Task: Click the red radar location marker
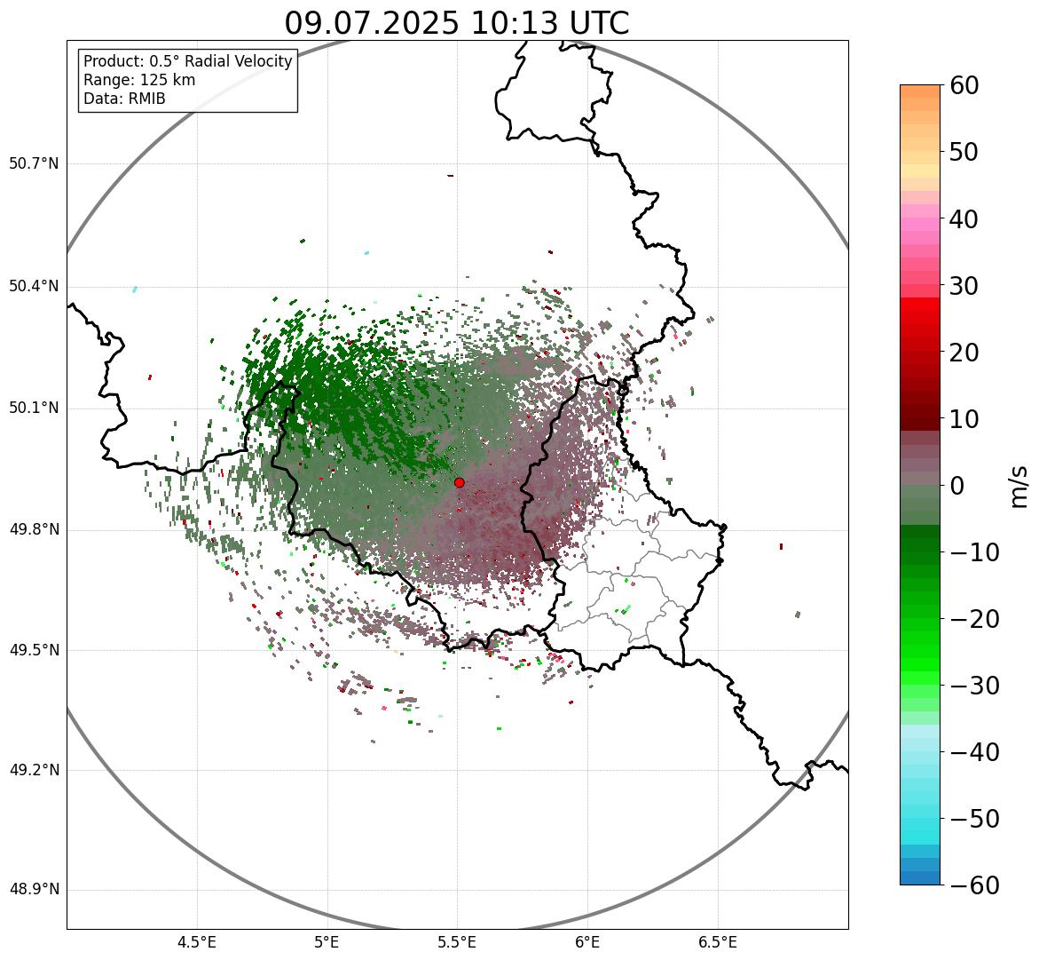459,482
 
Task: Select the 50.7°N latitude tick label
33,164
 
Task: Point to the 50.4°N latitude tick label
33,287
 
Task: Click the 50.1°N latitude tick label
33,409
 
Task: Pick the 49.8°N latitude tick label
33,530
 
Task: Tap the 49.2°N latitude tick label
33,770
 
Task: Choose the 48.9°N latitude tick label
33,890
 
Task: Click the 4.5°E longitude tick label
197,942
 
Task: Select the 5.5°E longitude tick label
457,942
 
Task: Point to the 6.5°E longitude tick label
717,942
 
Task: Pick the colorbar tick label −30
975,686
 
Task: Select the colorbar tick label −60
975,885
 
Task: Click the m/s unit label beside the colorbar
1019,486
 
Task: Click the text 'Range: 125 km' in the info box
139,80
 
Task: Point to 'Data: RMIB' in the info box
124,99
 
